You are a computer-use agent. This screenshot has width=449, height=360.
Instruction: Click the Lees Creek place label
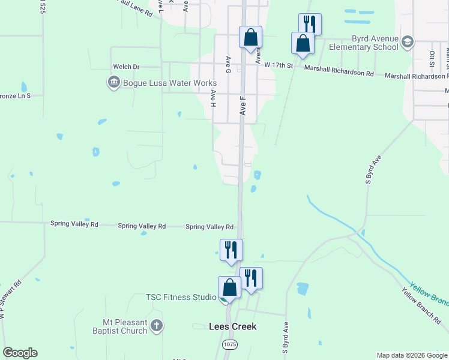tap(232, 327)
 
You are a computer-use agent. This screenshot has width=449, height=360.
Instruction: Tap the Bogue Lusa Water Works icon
tap(113, 82)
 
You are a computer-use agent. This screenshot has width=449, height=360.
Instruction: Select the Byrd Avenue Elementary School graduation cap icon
tap(408, 41)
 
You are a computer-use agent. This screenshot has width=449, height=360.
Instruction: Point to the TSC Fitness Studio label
tap(181, 297)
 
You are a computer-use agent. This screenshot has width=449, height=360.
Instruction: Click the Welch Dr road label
tap(126, 67)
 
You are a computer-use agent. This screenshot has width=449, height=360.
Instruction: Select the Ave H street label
tap(213, 98)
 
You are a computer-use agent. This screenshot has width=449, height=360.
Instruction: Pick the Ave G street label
tap(228, 65)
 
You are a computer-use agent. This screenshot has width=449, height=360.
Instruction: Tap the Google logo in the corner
tap(20, 353)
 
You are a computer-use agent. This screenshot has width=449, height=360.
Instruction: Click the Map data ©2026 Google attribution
tap(412, 355)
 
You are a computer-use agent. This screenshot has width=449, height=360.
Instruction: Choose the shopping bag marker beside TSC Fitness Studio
tap(229, 287)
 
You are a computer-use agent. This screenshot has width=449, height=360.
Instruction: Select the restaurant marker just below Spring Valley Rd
tap(231, 250)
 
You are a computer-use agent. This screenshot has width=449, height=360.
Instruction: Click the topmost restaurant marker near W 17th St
tap(310, 24)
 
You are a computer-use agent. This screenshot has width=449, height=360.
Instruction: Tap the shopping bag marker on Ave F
tap(250, 37)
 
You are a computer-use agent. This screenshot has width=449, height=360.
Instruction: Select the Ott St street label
tap(432, 58)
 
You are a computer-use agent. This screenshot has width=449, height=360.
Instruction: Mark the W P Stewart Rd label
tap(11, 299)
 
